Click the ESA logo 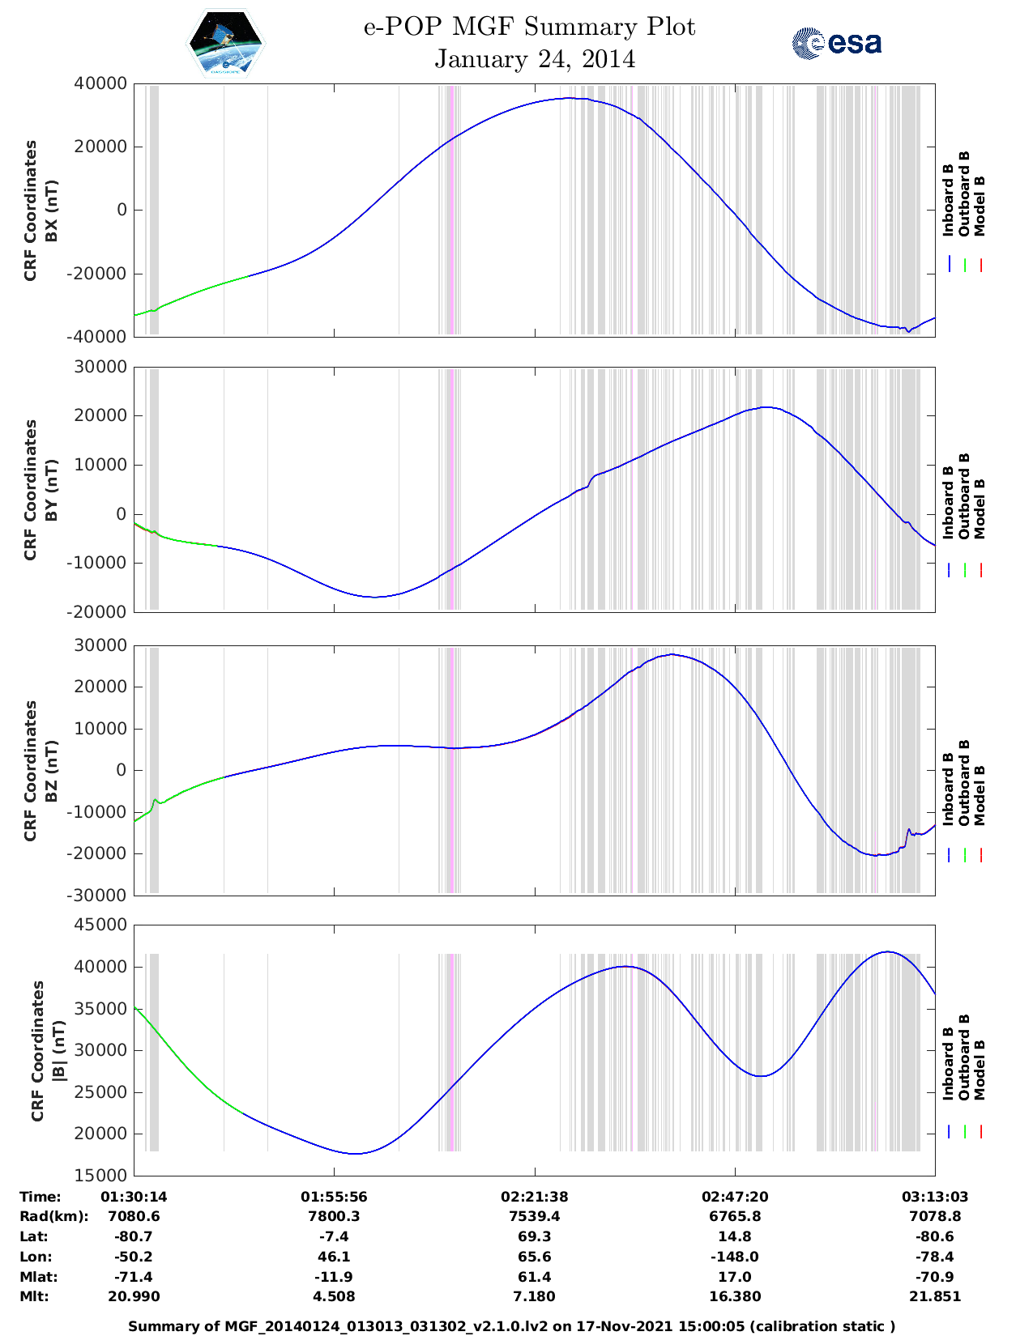pos(837,44)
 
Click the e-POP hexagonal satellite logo pos(225,43)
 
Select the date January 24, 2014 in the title pos(535,59)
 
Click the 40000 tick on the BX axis pos(100,83)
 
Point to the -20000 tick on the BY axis pos(100,612)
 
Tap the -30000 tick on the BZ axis pos(100,896)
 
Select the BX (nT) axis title pos(51,211)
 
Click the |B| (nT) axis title pos(58,1051)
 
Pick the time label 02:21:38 pos(534,1197)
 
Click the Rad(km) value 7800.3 pos(334,1216)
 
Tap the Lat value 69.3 pos(534,1236)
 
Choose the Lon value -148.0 pos(735,1257)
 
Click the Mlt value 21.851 pos(934,1296)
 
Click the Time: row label pos(41,1197)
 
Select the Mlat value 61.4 pos(534,1277)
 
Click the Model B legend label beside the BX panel pos(980,206)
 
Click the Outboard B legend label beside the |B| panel pos(964,1057)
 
